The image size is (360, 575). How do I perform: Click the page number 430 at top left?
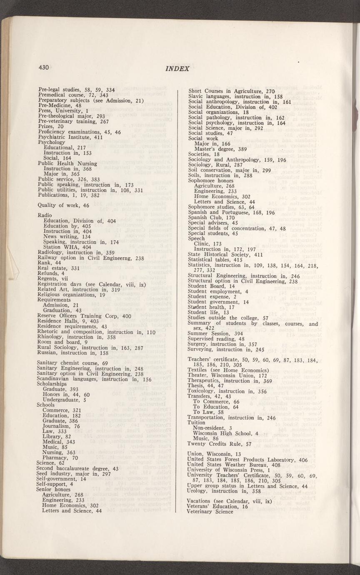tap(44, 67)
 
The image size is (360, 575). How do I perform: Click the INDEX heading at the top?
tap(177, 69)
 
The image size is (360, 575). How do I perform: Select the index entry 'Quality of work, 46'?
tap(63, 205)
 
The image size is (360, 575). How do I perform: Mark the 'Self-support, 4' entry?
tap(55, 484)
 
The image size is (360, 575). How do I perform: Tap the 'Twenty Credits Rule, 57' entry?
tap(219, 444)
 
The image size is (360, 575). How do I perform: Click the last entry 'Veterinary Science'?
tap(210, 512)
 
